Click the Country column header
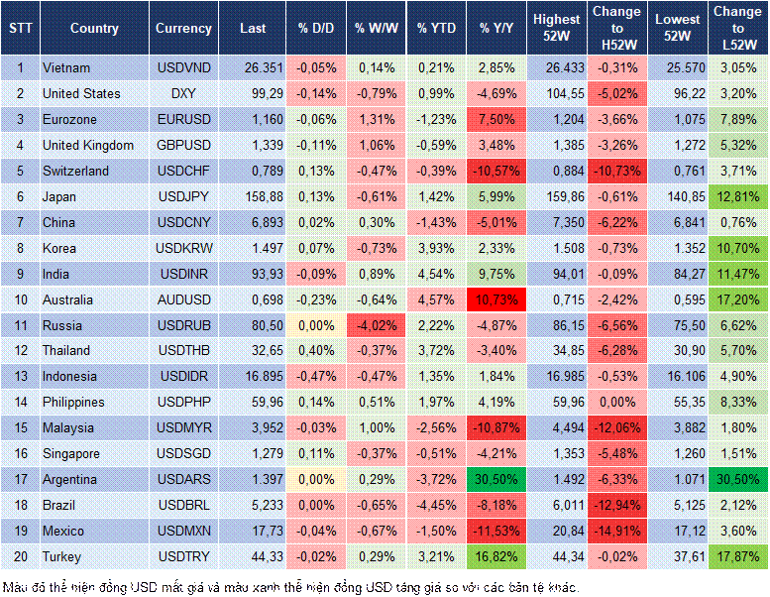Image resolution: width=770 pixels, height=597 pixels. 94,29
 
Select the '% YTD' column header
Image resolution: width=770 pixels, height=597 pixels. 436,29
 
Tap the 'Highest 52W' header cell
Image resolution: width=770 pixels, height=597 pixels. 556,29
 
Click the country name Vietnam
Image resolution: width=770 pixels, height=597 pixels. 66,68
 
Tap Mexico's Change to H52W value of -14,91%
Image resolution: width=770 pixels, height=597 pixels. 617,532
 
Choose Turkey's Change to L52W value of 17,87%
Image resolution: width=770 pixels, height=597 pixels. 738,557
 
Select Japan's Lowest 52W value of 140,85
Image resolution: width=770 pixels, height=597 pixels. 680,196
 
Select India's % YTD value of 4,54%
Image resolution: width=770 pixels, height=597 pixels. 436,274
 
